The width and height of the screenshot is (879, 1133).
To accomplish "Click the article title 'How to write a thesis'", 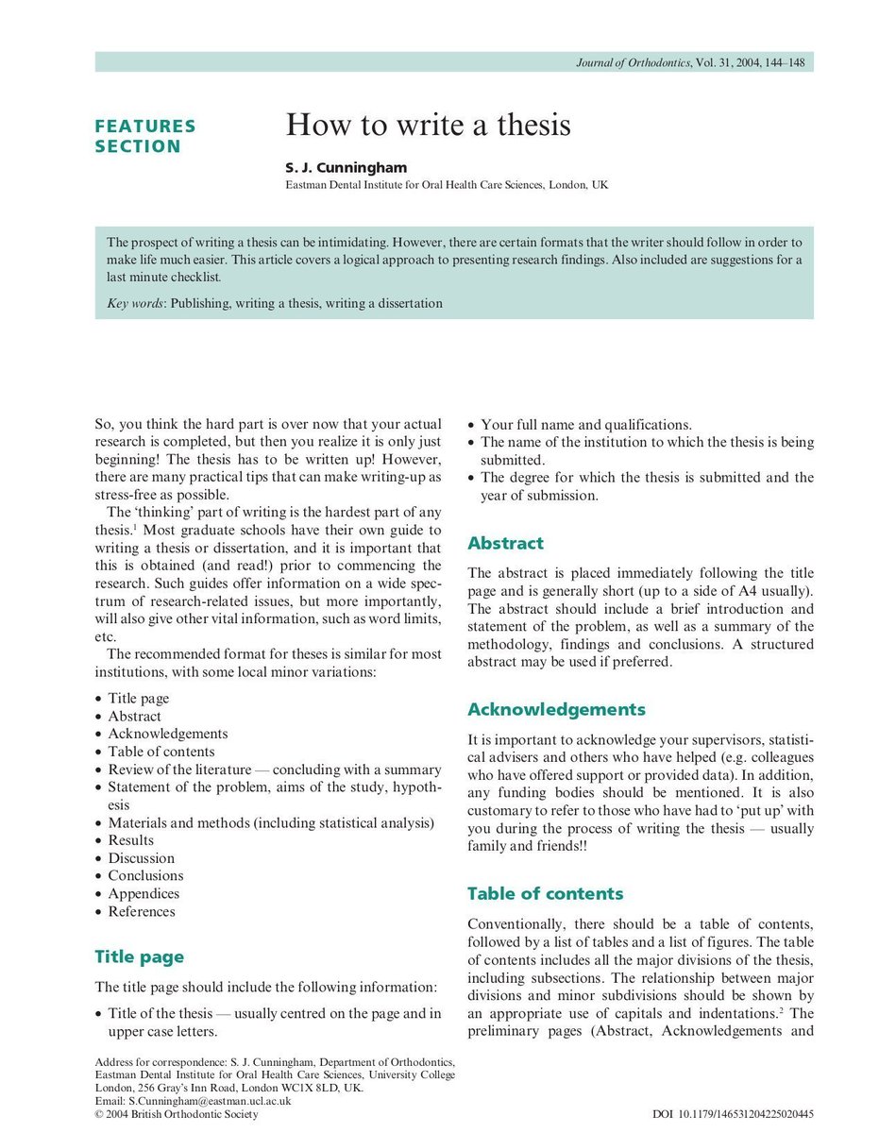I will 429,125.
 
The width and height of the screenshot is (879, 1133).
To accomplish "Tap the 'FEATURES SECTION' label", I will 145,136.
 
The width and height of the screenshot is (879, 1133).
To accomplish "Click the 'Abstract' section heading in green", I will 505,543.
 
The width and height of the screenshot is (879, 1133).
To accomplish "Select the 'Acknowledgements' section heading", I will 556,709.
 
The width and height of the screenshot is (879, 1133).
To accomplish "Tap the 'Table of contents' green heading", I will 545,893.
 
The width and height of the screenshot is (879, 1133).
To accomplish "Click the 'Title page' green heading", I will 139,956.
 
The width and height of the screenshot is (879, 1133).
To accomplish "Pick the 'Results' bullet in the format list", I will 130,840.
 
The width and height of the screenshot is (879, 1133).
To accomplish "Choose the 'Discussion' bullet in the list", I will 141,858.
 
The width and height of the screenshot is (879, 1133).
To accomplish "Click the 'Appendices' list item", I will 143,893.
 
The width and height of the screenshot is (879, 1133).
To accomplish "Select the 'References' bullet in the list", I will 141,911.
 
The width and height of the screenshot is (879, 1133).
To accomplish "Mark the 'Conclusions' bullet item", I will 144,875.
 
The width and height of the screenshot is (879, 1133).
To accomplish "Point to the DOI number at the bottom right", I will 733,1114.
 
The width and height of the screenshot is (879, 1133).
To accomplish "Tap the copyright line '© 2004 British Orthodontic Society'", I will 177,1114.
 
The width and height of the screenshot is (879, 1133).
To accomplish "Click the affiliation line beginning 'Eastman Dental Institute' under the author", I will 447,186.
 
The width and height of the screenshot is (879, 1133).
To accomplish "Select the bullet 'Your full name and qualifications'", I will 586,424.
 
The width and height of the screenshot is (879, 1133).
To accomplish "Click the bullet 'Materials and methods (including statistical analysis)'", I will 271,822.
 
